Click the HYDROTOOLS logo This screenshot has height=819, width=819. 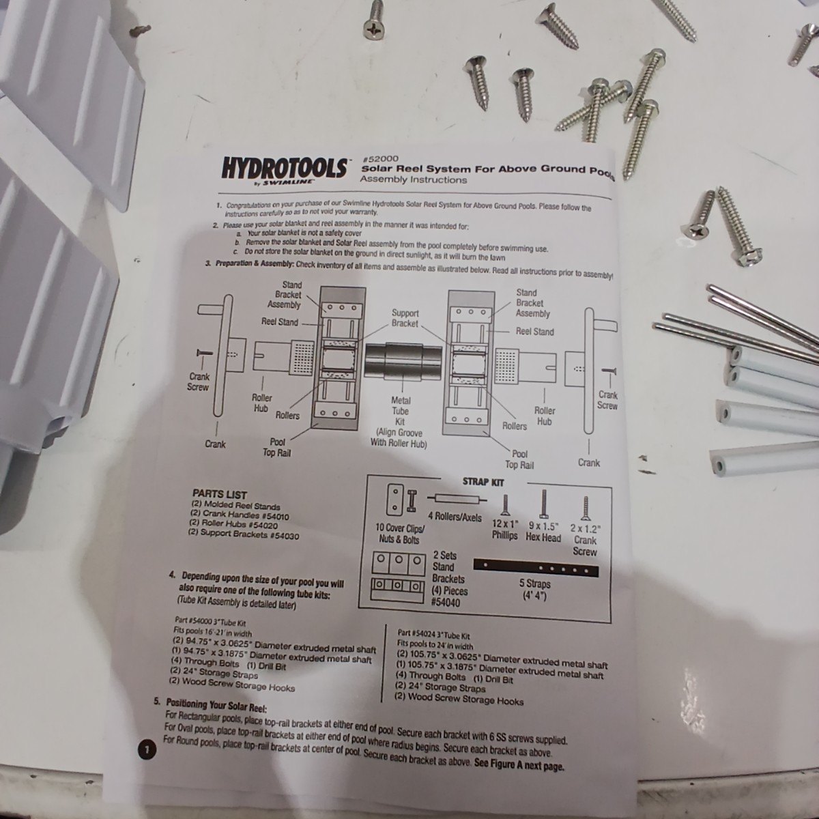pos(284,168)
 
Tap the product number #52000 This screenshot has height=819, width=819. pos(380,159)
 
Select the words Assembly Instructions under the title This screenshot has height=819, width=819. pos(413,179)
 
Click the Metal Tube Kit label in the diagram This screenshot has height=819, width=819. pos(401,411)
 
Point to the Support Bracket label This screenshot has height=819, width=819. pos(405,318)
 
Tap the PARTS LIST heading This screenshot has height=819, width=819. pos(219,495)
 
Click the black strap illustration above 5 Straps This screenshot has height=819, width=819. pos(536,567)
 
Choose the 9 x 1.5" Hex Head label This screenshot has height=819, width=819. pos(543,532)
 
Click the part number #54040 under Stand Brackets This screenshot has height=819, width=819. pos(446,602)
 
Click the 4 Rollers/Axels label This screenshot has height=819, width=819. pos(455,517)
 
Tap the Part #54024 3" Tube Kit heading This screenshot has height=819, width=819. pos(433,635)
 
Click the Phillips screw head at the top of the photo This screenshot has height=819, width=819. pos(375,29)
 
